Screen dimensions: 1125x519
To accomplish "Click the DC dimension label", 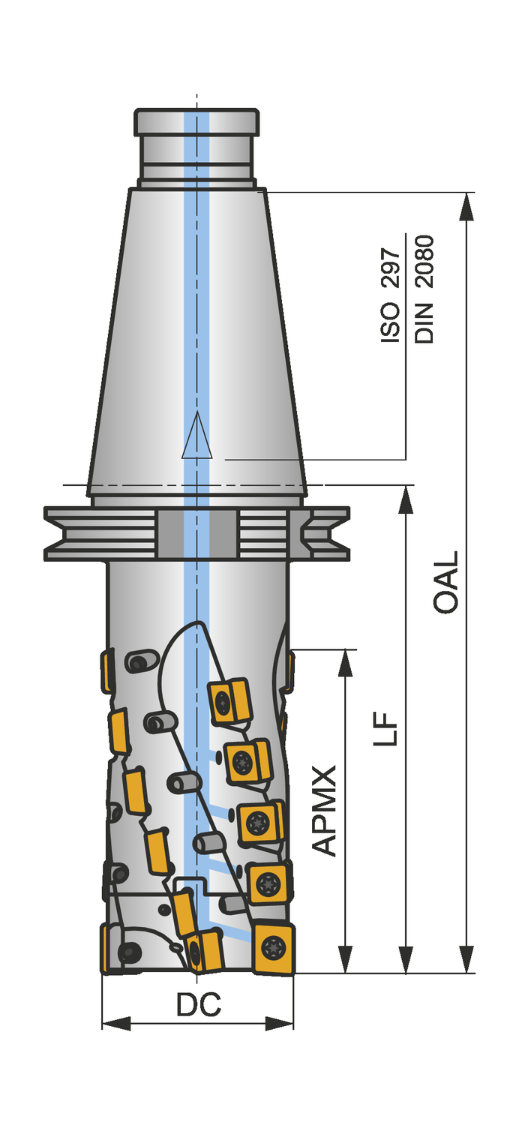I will pos(198,1005).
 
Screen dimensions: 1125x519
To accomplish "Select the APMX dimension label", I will pos(324,810).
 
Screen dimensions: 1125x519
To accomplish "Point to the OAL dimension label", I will pos(446,583).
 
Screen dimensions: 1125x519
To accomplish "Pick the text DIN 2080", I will pos(424,289).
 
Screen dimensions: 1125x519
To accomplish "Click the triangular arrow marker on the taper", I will pos(197,436).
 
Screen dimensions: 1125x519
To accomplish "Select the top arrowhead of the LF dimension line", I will pos(406,499).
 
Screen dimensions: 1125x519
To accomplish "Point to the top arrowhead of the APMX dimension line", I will pos(345,663).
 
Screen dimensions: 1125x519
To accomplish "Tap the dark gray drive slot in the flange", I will pos(196,532).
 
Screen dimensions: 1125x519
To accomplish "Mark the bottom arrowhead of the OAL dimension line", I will pos(466,959).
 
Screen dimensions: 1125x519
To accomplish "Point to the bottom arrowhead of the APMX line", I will pos(345,959).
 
